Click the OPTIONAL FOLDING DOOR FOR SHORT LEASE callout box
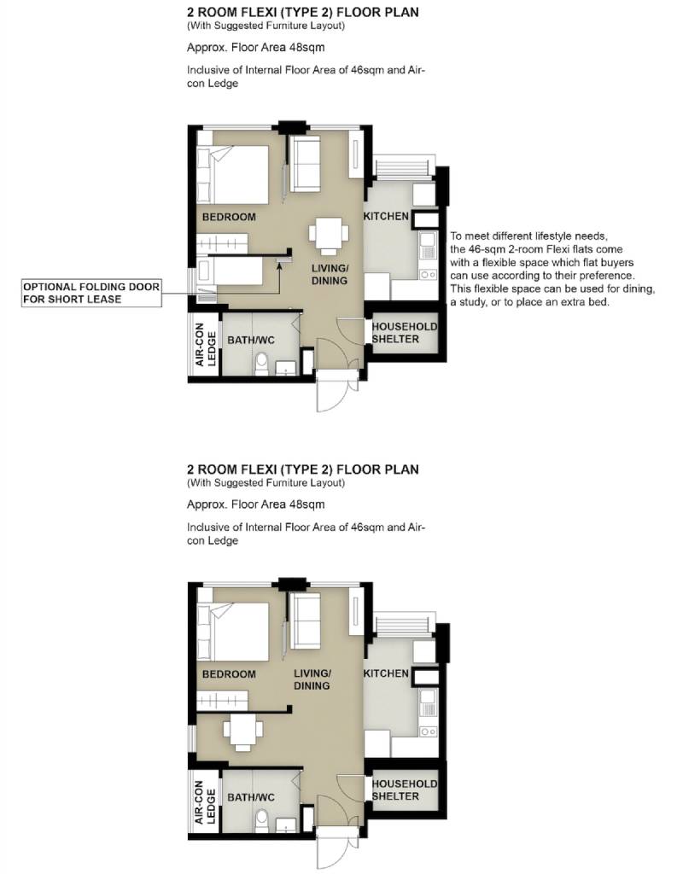tap(91, 294)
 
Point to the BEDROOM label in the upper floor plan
tap(229, 217)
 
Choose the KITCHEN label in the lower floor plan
tap(386, 673)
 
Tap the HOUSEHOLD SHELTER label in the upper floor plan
tap(404, 333)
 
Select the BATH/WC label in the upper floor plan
tap(251, 340)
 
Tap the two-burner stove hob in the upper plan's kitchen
tap(429, 275)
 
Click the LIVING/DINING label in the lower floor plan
tap(312, 679)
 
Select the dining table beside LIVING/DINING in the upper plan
tap(329, 234)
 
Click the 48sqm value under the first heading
tap(306, 48)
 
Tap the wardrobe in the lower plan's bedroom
tap(222, 700)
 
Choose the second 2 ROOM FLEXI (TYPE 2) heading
tap(303, 469)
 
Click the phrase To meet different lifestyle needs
tap(528, 236)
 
